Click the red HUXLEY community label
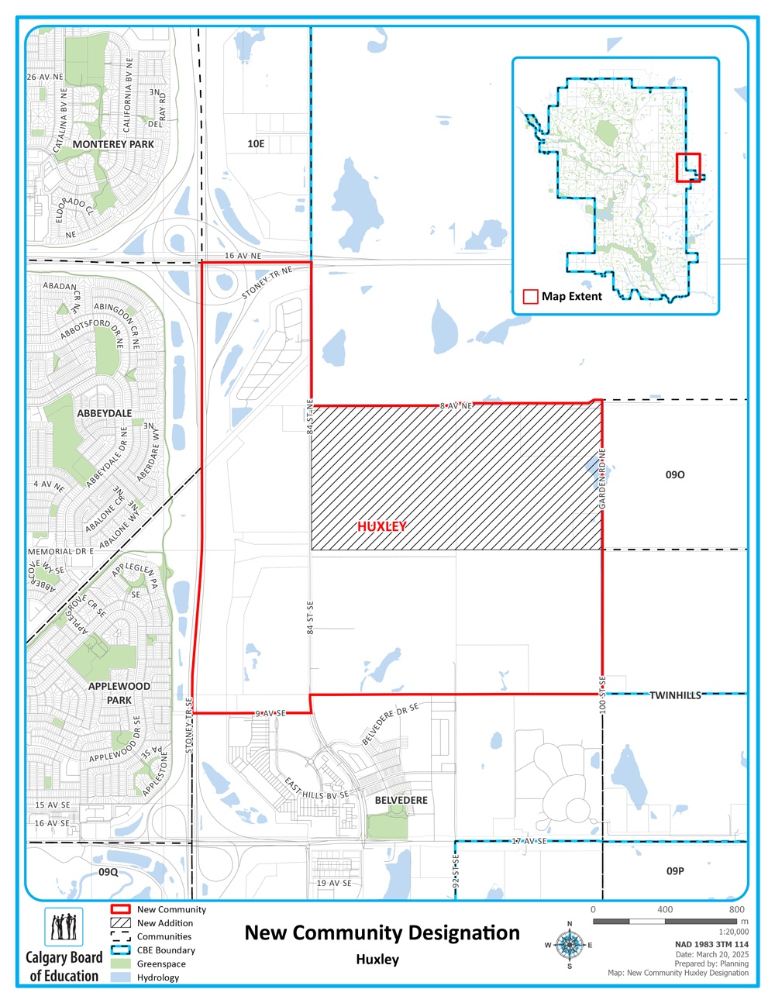[x=382, y=526]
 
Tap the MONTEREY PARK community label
[x=113, y=144]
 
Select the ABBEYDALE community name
[x=105, y=413]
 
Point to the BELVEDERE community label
[x=401, y=800]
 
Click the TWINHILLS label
[x=675, y=695]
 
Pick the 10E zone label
[x=256, y=144]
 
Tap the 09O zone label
[x=675, y=474]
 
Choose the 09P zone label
[x=675, y=871]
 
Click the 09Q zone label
[x=108, y=872]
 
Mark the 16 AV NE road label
[x=243, y=256]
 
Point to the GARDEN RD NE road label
[x=602, y=479]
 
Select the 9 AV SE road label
[x=270, y=713]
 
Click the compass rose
[x=570, y=945]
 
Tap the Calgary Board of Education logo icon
[x=64, y=926]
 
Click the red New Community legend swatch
[x=121, y=909]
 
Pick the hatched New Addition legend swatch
[x=121, y=923]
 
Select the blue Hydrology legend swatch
[x=121, y=977]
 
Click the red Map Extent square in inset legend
[x=531, y=296]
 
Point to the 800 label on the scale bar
[x=736, y=909]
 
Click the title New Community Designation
[x=382, y=932]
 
